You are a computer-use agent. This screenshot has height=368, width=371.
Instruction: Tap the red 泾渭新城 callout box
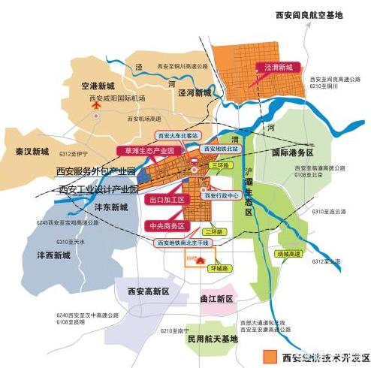point(279,66)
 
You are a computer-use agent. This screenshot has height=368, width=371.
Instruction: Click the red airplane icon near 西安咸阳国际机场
point(96,109)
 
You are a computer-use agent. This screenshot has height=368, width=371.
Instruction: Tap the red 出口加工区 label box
point(167,201)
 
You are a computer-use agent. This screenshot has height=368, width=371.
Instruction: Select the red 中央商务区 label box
point(167,225)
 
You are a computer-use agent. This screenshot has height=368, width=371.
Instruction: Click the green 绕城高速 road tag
point(289,254)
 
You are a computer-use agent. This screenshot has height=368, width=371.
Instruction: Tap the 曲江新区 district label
point(218,300)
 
